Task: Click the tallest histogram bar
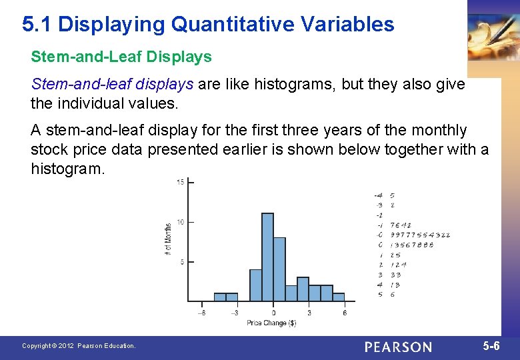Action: coord(267,257)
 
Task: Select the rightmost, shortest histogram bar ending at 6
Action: coord(339,297)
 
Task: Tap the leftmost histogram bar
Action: coord(219,297)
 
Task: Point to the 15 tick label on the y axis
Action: coord(180,182)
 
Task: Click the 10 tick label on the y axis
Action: coord(180,222)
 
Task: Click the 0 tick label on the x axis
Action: coord(273,312)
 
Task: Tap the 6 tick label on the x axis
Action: coord(345,312)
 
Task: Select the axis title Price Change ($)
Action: coord(271,323)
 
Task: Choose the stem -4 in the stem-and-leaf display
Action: coord(378,195)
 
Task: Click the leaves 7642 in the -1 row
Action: coord(401,225)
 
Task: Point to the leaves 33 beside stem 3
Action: coord(395,275)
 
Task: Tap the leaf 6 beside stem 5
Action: coord(392,294)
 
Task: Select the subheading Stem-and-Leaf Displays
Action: coord(121,57)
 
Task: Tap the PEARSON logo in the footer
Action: coord(398,347)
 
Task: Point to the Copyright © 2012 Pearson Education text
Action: coord(79,346)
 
